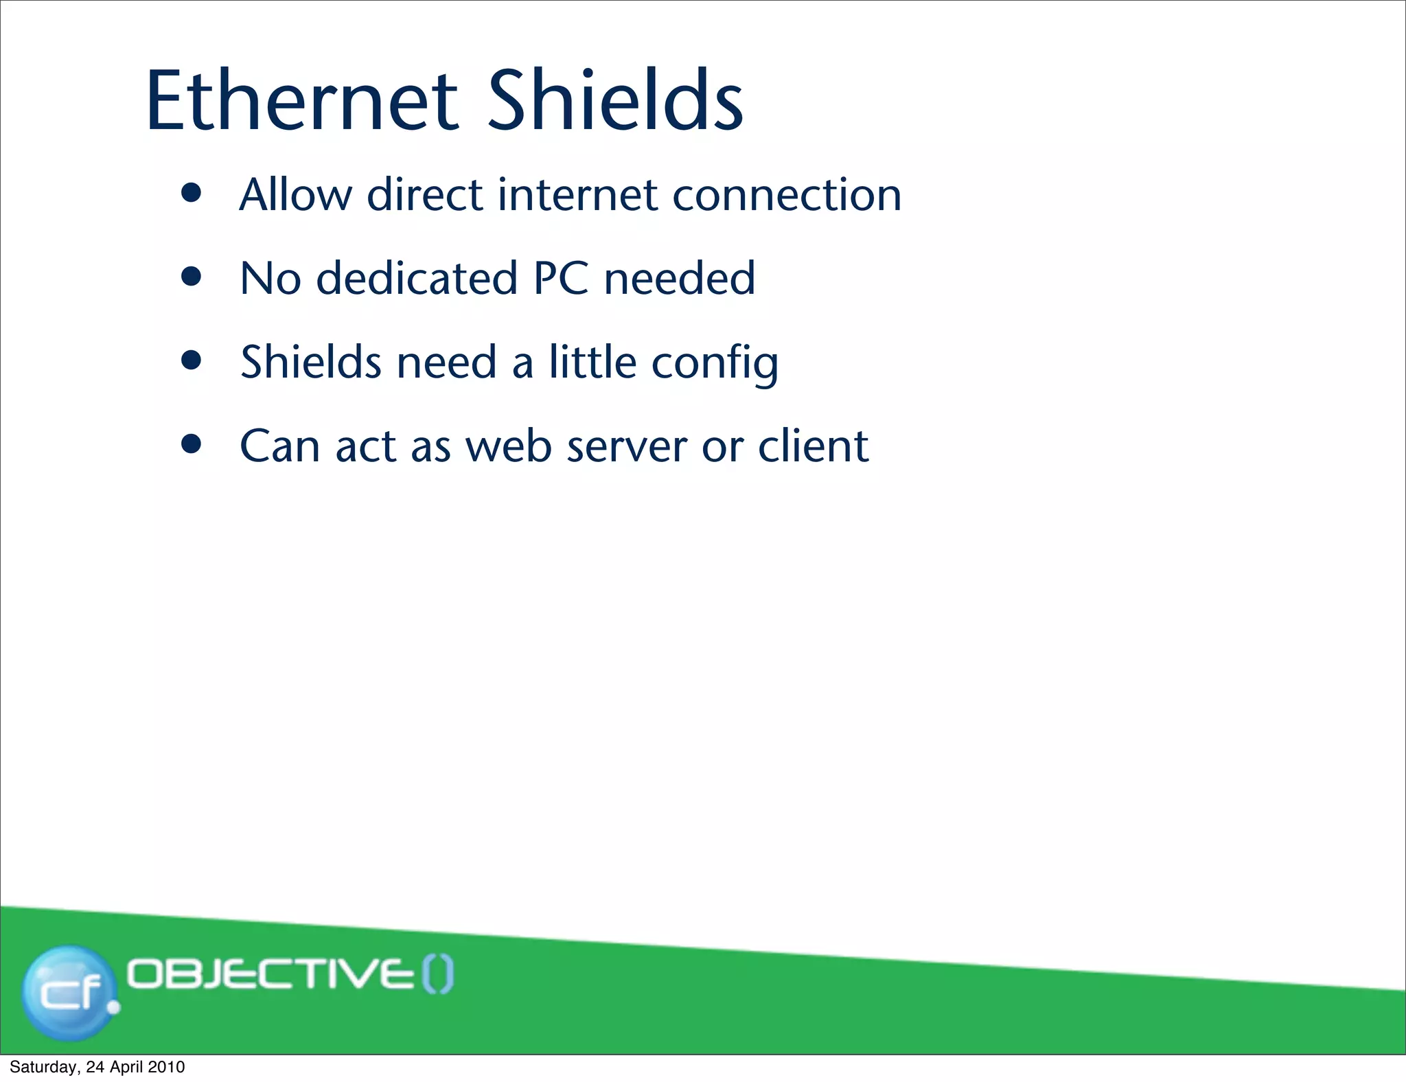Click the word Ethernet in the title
pyautogui.click(x=301, y=101)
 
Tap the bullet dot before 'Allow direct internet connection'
pyautogui.click(x=192, y=193)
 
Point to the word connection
pyautogui.click(x=787, y=196)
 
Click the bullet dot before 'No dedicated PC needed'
pyautogui.click(x=192, y=277)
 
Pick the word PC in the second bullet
pyautogui.click(x=561, y=279)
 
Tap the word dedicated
pyautogui.click(x=417, y=279)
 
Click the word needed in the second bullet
pyautogui.click(x=680, y=279)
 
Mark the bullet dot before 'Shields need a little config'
pyautogui.click(x=192, y=360)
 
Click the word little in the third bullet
pyautogui.click(x=592, y=362)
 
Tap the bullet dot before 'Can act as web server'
pyautogui.click(x=192, y=444)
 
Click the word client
pyautogui.click(x=814, y=446)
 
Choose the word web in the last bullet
pyautogui.click(x=509, y=446)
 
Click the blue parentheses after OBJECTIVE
pyautogui.click(x=437, y=976)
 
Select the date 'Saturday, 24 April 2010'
pyautogui.click(x=97, y=1067)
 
